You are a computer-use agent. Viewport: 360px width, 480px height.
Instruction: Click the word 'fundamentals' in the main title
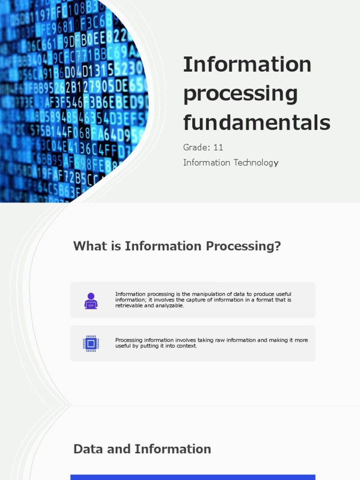pyautogui.click(x=256, y=122)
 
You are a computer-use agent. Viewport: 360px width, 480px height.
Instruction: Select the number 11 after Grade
pyautogui.click(x=218, y=148)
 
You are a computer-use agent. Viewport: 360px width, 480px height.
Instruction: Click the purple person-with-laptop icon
pyautogui.click(x=91, y=300)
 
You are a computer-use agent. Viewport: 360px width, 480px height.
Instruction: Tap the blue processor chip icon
pyautogui.click(x=91, y=344)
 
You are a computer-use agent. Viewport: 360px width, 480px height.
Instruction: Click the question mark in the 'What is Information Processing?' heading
pyautogui.click(x=277, y=246)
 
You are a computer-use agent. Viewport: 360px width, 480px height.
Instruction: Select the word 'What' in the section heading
pyautogui.click(x=90, y=246)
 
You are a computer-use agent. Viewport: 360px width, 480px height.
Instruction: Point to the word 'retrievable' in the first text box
pyautogui.click(x=129, y=306)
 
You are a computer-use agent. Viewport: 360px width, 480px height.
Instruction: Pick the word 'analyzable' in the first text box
pyautogui.click(x=170, y=306)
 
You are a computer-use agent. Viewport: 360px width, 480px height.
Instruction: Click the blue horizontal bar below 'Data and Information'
pyautogui.click(x=193, y=477)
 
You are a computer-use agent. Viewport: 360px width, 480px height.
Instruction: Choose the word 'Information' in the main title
pyautogui.click(x=247, y=64)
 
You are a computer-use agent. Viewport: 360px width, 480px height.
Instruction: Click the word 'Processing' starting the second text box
pyautogui.click(x=128, y=340)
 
